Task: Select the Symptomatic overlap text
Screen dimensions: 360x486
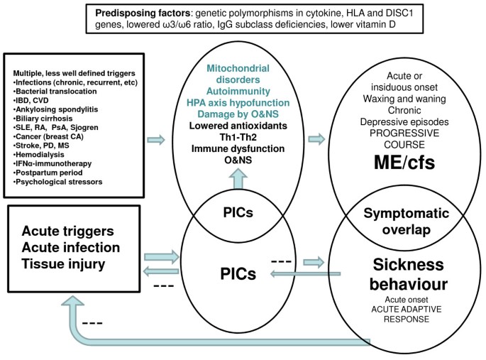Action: pos(405,221)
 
